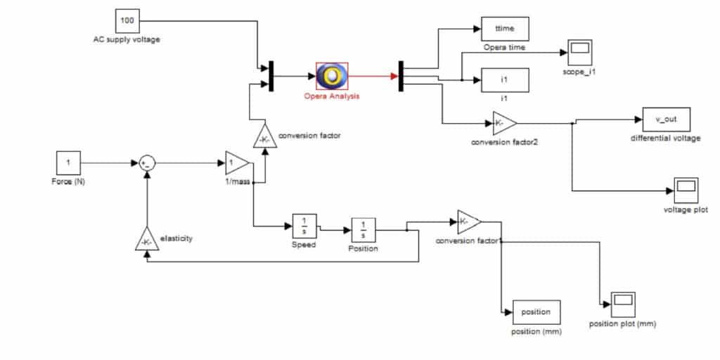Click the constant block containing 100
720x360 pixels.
127,20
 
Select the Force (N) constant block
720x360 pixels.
68,163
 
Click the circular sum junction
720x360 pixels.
147,163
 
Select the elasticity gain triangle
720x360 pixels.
146,240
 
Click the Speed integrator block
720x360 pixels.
305,226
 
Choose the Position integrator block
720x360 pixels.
363,229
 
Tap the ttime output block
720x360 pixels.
504,29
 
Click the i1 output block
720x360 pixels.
504,80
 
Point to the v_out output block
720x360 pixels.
666,120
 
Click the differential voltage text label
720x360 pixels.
666,139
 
